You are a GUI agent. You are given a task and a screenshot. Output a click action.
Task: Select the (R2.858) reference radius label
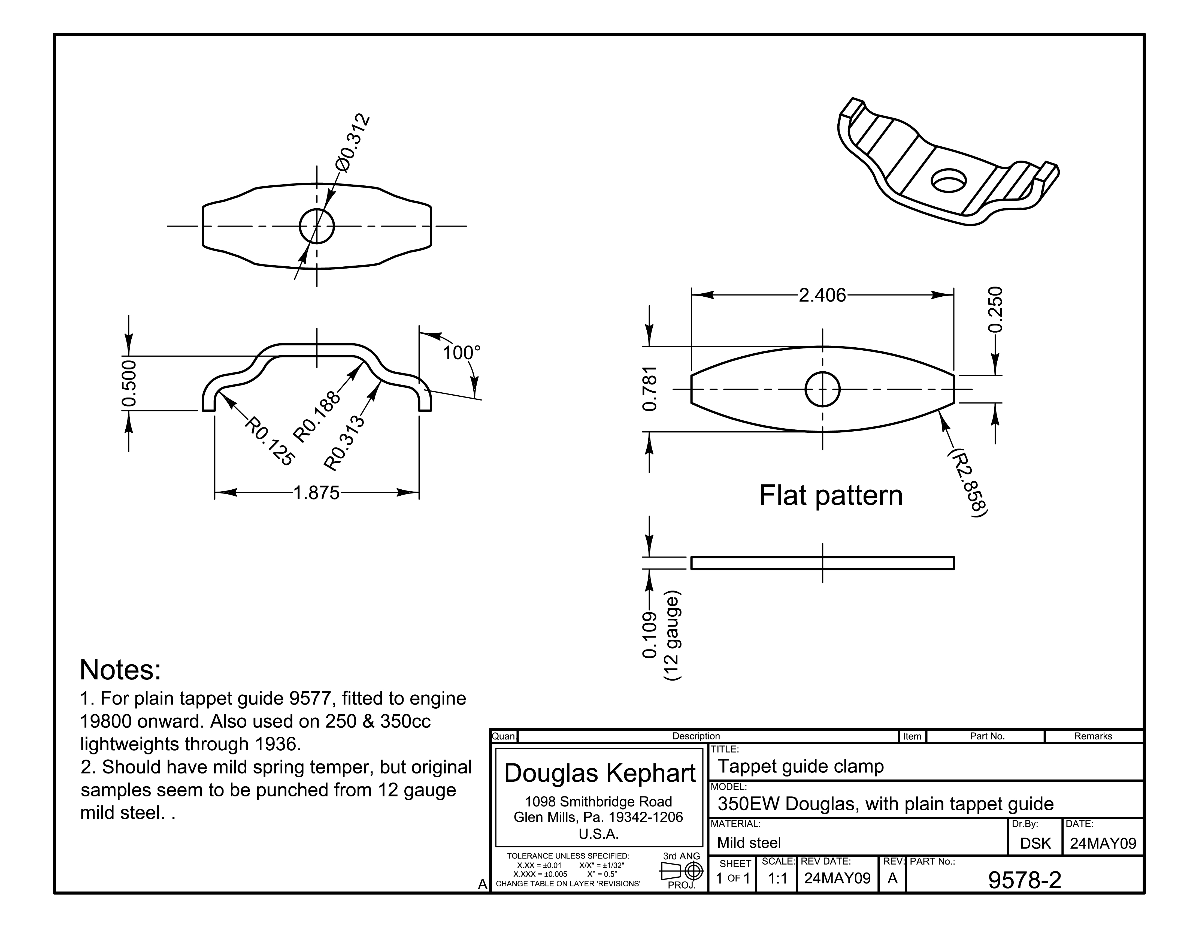click(967, 482)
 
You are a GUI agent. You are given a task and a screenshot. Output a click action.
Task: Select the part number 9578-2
click(1024, 880)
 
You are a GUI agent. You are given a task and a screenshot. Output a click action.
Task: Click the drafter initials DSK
click(1035, 844)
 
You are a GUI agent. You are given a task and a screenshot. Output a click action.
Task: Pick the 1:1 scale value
click(777, 879)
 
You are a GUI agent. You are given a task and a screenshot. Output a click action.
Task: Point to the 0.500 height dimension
click(129, 383)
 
